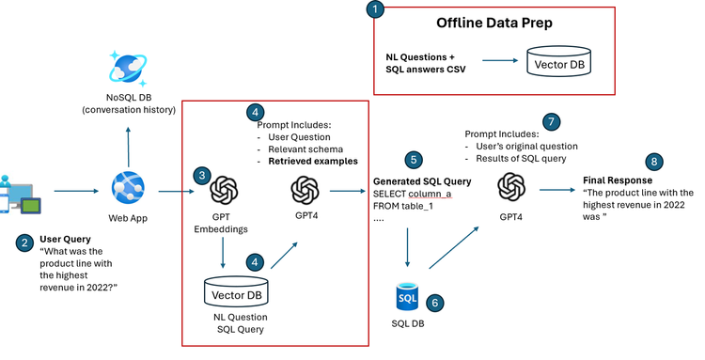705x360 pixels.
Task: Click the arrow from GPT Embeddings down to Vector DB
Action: click(223, 250)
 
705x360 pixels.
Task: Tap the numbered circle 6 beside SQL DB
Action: click(434, 304)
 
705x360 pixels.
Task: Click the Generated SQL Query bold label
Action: click(409, 180)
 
